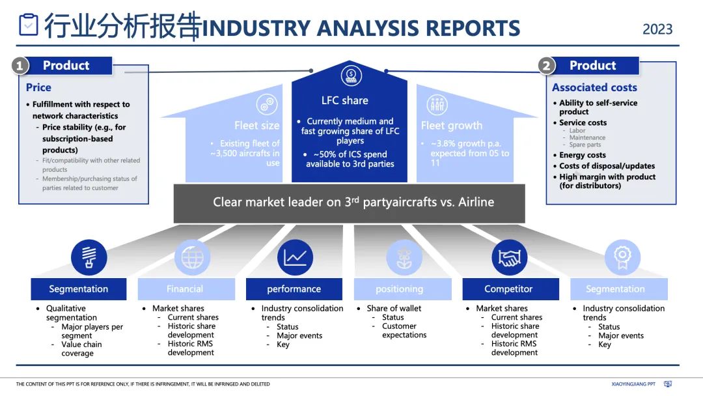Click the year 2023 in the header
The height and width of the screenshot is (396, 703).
657,29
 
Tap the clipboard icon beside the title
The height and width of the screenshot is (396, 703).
29,25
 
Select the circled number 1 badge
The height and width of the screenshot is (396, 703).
20,66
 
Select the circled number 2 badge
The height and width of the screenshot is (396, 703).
545,66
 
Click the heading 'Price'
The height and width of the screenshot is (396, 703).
38,87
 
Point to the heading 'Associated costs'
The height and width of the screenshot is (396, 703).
594,87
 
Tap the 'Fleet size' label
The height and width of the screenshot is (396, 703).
256,126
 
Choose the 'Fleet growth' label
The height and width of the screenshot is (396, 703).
452,126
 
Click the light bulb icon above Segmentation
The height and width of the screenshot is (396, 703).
89,257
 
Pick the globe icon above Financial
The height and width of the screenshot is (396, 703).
192,257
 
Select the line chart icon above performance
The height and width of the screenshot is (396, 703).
295,257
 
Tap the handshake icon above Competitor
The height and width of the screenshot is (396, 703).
509,257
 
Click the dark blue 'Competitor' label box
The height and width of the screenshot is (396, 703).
508,289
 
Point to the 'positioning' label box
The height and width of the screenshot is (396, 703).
399,289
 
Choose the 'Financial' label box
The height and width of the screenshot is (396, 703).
185,289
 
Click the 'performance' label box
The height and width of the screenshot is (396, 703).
294,289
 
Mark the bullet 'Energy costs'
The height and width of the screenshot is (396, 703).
583,155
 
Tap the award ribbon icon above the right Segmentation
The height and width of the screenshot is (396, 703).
618,257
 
